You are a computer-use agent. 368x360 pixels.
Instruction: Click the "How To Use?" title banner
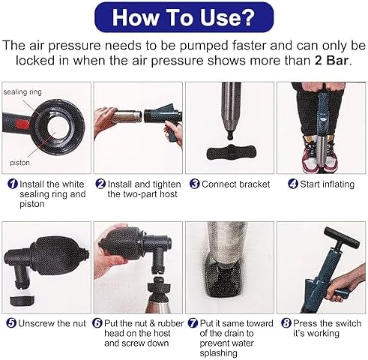coord(184,17)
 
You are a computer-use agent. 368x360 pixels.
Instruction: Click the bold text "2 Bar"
coord(331,61)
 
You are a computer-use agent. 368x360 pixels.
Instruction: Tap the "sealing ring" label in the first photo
coord(22,92)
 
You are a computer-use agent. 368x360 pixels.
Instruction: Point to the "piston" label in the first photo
coord(19,163)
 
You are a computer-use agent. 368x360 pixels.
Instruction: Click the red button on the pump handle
coord(22,123)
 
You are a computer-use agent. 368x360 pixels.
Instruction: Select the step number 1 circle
coord(13,184)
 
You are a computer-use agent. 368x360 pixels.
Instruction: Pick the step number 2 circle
coord(100,184)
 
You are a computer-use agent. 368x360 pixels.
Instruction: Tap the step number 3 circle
coord(195,184)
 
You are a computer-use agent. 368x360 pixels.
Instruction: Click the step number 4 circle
coord(293,184)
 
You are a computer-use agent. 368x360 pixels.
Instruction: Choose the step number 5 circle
coord(11,323)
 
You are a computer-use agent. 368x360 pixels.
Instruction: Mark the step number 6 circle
coord(97,323)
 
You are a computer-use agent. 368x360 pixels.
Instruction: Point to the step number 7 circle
coord(193,323)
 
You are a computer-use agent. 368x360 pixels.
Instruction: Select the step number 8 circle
coord(286,323)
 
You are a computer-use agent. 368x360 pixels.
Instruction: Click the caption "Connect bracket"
coord(236,184)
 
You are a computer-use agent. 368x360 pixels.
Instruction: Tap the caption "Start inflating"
coord(328,184)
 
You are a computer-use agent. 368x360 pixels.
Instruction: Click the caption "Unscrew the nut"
coord(52,323)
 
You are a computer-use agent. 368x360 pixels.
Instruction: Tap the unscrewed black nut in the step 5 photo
coord(22,300)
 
